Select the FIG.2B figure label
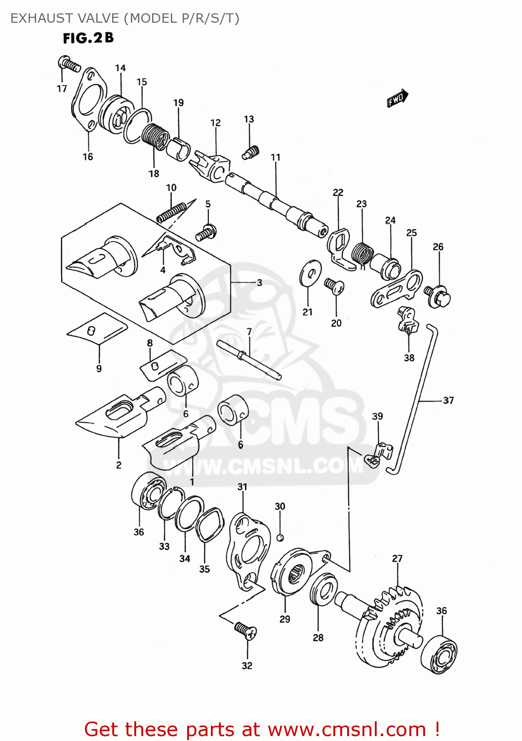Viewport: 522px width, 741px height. click(x=88, y=38)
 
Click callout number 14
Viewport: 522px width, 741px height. click(x=120, y=68)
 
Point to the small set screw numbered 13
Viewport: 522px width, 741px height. click(x=251, y=153)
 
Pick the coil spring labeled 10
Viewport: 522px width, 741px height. click(x=171, y=212)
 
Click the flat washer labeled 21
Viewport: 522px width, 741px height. click(x=310, y=272)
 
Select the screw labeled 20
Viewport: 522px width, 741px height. click(x=334, y=285)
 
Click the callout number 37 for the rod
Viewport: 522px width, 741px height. click(x=448, y=401)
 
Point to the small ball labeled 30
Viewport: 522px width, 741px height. click(x=280, y=537)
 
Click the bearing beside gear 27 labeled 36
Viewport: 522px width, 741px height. click(x=439, y=654)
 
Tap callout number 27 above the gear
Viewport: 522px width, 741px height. click(x=397, y=559)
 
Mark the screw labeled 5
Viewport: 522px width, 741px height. click(x=206, y=232)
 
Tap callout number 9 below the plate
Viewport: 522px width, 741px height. click(x=99, y=369)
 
